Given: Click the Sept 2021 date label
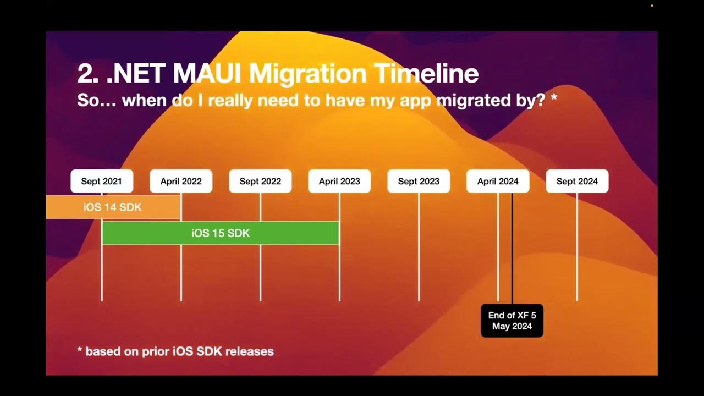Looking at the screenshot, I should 102,181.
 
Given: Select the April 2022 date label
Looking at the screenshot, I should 181,181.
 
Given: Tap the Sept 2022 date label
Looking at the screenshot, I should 260,181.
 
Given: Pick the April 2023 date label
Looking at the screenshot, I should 339,181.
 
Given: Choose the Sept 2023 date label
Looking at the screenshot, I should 419,181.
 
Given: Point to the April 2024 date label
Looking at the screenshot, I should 498,181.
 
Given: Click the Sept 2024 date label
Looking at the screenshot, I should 577,181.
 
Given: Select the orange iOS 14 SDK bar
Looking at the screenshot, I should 113,207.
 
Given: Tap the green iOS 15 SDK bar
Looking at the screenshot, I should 221,233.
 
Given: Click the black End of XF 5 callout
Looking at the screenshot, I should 512,321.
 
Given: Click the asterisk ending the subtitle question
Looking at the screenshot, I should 553,98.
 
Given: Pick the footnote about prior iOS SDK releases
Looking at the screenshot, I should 175,351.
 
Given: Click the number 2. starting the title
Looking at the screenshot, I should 88,74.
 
